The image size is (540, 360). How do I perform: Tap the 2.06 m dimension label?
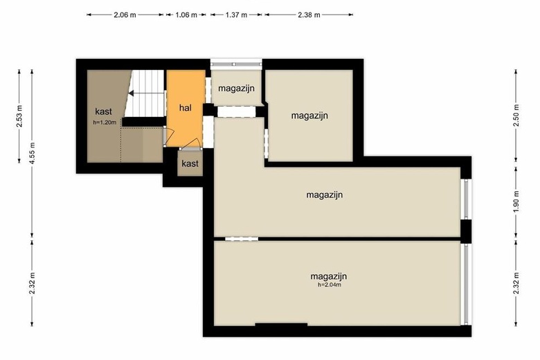tap(125, 15)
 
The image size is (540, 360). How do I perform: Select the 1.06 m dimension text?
tap(186, 15)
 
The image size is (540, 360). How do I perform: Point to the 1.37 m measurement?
tap(236, 15)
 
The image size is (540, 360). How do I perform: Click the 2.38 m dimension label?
tap(309, 15)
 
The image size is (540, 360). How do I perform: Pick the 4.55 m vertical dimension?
tap(32, 154)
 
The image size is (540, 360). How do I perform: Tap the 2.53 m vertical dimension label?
tap(19, 116)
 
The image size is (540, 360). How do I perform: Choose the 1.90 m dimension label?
tap(516, 201)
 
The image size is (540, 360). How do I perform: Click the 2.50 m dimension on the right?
tap(516, 116)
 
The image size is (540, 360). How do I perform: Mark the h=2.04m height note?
tap(330, 285)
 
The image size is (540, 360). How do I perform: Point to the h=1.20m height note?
tap(105, 122)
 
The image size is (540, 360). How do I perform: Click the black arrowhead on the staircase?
tap(132, 93)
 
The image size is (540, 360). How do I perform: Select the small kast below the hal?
tap(190, 163)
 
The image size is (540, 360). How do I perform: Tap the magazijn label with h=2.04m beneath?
tap(329, 276)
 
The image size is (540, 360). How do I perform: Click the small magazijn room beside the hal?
tap(236, 87)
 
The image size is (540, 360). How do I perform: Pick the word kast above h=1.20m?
tap(104, 111)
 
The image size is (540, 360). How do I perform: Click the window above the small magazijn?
tap(236, 64)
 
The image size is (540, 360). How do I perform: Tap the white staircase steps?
tap(145, 93)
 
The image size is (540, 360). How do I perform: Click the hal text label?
tap(186, 108)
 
